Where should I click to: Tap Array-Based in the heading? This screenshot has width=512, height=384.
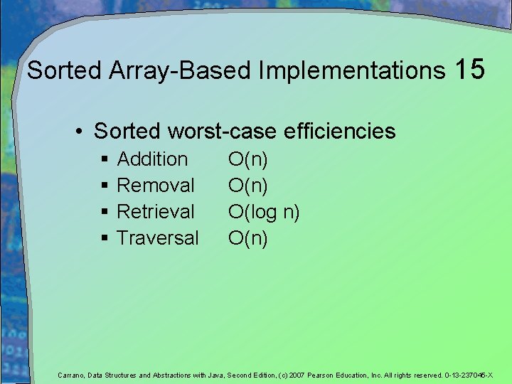tap(181, 70)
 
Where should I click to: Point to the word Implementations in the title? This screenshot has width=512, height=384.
tap(351, 70)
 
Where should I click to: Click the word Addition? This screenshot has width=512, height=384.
tap(152, 159)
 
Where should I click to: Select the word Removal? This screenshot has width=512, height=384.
tap(155, 186)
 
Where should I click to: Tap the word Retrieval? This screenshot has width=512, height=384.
tap(155, 212)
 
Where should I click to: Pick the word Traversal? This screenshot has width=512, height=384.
tap(157, 238)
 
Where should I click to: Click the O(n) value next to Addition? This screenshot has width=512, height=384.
tap(247, 159)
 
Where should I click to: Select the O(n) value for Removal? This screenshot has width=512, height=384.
tap(247, 186)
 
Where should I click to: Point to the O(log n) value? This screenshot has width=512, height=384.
tap(263, 212)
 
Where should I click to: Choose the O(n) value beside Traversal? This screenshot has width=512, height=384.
tap(247, 238)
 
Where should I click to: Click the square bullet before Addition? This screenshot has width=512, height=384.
tap(105, 160)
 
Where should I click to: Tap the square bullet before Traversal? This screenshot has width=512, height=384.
tap(105, 239)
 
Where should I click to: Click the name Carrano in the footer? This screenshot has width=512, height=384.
tap(71, 375)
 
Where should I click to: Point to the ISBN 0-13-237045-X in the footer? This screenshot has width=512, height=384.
tap(469, 375)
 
